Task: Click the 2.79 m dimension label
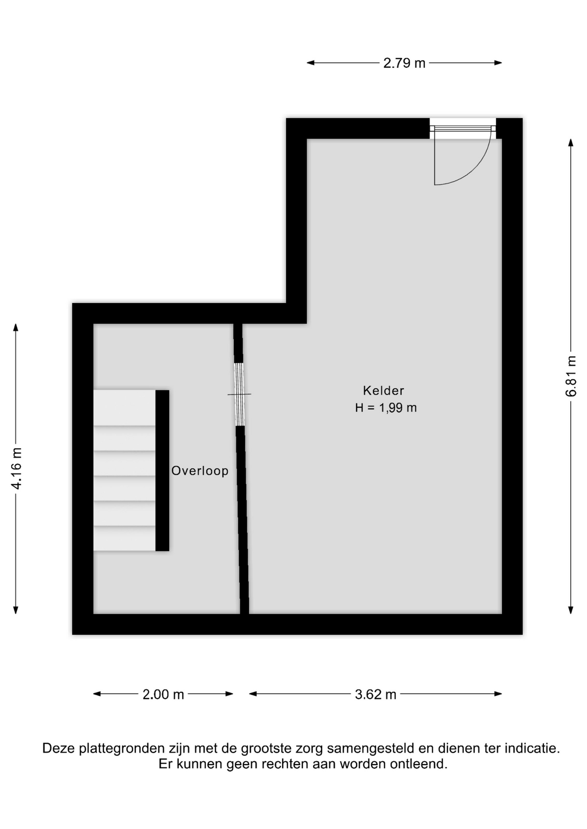pos(404,63)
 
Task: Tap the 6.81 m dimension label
pos(571,376)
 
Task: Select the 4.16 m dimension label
pos(16,468)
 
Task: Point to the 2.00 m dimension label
pos(163,694)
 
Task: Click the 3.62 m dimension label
pos(376,694)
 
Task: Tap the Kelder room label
pos(383,391)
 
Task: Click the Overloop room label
pos(200,471)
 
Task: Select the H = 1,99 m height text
pos(386,408)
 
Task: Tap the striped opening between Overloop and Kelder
pos(239,394)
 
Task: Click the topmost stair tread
pos(124,408)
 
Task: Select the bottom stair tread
pos(124,538)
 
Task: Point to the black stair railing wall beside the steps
pos(162,471)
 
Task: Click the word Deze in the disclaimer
pos(59,748)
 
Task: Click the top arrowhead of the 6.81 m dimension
pos(571,142)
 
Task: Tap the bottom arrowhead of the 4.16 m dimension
pos(16,610)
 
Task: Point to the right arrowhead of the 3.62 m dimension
pos(498,694)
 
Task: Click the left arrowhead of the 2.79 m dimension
pos(310,63)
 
